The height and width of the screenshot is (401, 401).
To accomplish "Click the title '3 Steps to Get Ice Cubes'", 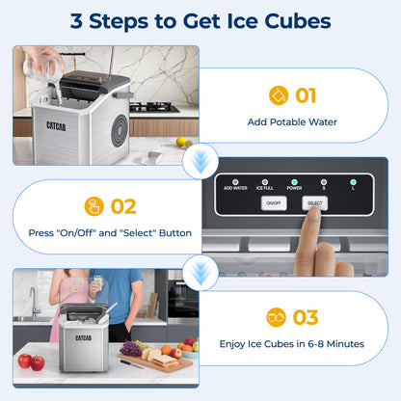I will tap(200, 21).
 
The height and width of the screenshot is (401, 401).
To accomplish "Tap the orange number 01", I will tap(305, 95).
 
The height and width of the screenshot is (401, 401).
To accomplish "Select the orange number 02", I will tap(123, 205).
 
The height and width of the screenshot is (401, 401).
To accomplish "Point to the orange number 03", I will tap(305, 317).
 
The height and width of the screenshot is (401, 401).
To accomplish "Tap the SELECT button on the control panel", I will tap(313, 203).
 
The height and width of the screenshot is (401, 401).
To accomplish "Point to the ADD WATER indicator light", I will tap(233, 180).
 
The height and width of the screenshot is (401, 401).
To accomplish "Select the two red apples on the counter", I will tap(31, 361).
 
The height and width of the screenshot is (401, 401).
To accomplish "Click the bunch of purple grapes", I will tap(130, 348).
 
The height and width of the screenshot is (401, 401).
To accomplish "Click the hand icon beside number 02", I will tap(94, 205).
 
